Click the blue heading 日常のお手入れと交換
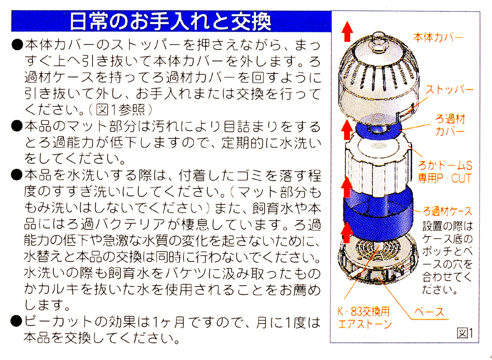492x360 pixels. pyautogui.click(x=170, y=21)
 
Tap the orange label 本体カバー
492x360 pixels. pyautogui.click(x=438, y=38)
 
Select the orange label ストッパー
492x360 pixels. pyautogui.click(x=449, y=90)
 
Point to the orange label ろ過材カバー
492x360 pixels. pyautogui.click(x=450, y=125)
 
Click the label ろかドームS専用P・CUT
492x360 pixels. pyautogui.click(x=445, y=172)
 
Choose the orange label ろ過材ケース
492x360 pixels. pyautogui.click(x=447, y=211)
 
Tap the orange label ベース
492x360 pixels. pyautogui.click(x=429, y=312)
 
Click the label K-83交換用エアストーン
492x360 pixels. pyautogui.click(x=364, y=318)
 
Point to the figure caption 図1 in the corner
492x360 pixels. pyautogui.click(x=465, y=333)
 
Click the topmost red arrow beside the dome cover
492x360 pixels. pyautogui.click(x=347, y=31)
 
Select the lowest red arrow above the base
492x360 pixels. pyautogui.click(x=347, y=232)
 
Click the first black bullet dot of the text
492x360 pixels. pyautogui.click(x=17, y=45)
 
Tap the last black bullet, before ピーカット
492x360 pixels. pyautogui.click(x=17, y=322)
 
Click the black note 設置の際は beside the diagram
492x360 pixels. pyautogui.click(x=447, y=226)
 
